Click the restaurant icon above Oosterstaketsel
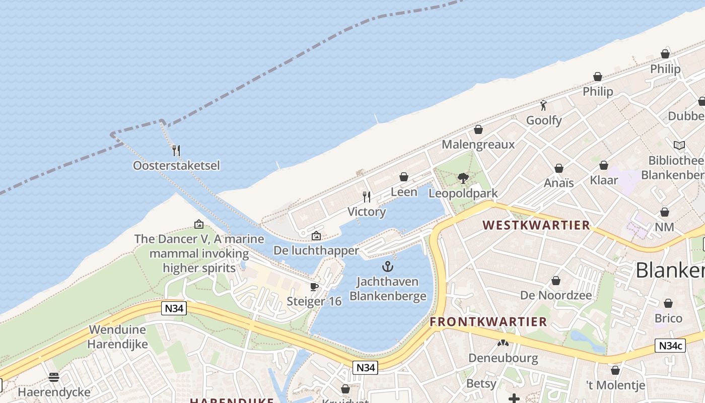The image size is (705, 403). point(176,150)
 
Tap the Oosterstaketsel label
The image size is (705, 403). point(176,165)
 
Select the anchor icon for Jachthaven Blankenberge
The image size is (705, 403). point(388,266)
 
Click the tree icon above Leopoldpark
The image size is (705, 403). point(463,178)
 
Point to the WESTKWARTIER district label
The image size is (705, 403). point(536,225)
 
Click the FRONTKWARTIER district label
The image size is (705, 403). point(488,322)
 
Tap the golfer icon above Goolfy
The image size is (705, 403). point(543,105)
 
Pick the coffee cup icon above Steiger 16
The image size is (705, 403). point(314,287)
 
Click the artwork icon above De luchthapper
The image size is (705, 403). point(316,235)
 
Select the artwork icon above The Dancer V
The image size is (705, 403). point(199,224)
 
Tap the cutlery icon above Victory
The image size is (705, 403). point(367,196)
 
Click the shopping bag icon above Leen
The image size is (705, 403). point(403,177)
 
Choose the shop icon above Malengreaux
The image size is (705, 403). point(478,129)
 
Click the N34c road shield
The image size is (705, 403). point(670,346)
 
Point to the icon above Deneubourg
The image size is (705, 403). point(503,343)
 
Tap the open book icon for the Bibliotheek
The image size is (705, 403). point(679,145)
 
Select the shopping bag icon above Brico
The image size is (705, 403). point(668,303)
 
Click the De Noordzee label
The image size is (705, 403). point(556,295)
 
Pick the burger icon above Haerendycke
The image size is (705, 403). point(54,377)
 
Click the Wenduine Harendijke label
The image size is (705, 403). point(118,337)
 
